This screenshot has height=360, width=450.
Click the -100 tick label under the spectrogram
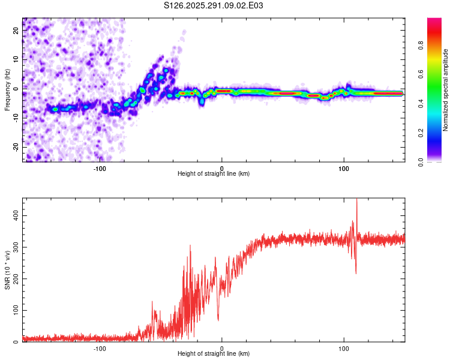100,167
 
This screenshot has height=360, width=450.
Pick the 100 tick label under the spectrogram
344,167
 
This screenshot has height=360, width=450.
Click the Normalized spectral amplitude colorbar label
446,90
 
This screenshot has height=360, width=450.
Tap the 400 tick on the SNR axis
15,215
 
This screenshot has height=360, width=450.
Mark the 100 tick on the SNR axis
15,310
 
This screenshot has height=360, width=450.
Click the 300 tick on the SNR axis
15,247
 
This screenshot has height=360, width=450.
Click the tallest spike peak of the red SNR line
357,200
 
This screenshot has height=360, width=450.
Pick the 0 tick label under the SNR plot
222,347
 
